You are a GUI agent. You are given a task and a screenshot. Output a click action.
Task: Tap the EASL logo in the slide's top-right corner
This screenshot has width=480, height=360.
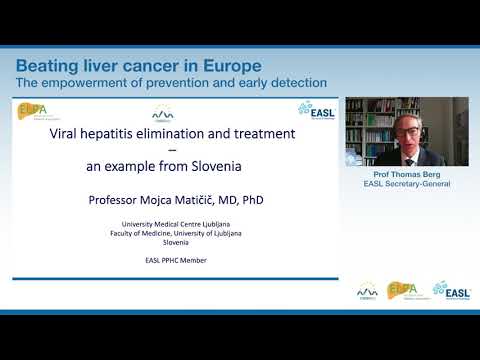pos(317,108)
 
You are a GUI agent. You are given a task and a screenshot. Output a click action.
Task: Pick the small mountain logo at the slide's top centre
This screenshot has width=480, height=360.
pos(163,113)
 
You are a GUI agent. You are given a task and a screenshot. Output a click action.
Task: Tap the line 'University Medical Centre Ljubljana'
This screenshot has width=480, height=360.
pos(175,224)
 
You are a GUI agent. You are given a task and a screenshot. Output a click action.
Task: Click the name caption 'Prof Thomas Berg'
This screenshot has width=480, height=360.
pos(407,175)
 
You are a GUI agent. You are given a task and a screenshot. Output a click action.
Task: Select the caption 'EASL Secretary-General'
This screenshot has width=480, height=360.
pos(407,185)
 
